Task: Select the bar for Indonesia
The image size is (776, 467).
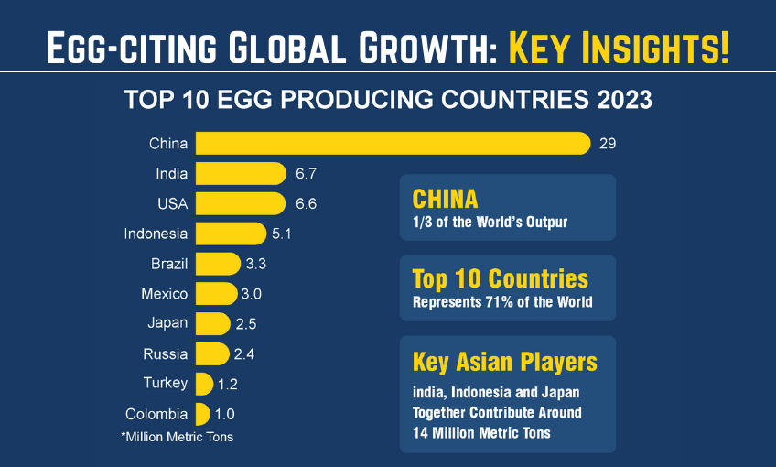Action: pos(232,233)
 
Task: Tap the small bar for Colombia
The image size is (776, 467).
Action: pos(202,414)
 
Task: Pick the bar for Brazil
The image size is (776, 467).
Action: pos(217,265)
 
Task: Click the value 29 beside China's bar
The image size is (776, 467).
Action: pos(608,144)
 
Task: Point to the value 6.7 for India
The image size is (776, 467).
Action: pos(307,174)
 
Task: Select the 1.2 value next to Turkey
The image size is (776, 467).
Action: pos(228,383)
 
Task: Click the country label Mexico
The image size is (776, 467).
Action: pos(164,294)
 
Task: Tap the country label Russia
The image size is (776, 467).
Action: pos(166,353)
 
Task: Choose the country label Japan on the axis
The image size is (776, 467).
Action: pos(167,323)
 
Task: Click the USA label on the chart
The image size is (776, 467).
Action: pos(171,203)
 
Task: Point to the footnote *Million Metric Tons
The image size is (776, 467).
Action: pos(177,437)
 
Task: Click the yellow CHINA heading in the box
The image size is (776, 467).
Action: pos(446,199)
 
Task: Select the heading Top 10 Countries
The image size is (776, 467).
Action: pos(501,278)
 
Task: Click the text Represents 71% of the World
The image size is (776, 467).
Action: pos(502,302)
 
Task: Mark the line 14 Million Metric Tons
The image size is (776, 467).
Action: pos(481,432)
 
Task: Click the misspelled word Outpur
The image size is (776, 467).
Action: pos(546,223)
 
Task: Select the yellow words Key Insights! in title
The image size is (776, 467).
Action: pos(619,46)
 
